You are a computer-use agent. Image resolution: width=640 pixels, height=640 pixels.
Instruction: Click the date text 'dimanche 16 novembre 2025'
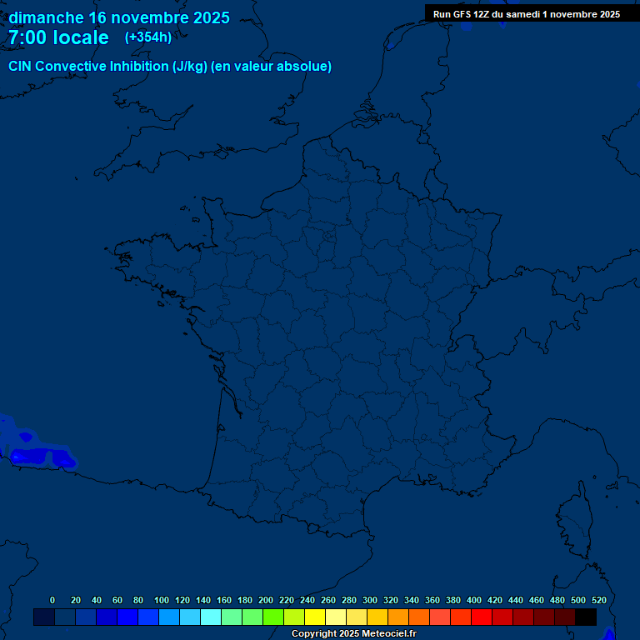point(119,17)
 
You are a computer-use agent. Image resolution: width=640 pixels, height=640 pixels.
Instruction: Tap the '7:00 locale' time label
point(58,37)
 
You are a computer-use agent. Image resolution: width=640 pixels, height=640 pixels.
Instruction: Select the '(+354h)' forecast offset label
point(148,37)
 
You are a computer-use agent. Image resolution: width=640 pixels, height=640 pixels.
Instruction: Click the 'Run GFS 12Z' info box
point(526,14)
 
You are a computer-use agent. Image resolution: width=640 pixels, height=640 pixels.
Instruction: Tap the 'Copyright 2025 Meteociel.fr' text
point(353,634)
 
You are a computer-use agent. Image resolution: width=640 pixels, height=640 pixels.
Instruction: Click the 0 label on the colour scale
point(52,600)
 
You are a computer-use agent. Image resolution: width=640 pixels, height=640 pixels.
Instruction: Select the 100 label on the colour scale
point(162,600)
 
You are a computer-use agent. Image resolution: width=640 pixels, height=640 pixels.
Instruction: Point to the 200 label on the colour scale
point(266,600)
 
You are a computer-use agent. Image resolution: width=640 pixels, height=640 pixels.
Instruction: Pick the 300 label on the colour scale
point(370,600)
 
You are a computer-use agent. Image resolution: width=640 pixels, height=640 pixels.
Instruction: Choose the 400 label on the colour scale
point(474,600)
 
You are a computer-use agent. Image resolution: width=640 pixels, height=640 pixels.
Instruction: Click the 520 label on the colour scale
point(599,600)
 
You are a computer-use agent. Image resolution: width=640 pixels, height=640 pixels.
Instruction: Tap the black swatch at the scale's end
point(586,617)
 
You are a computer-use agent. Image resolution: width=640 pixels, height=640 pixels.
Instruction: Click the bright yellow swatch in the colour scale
point(315,617)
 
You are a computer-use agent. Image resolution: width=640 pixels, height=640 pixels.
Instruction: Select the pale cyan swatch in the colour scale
point(211,617)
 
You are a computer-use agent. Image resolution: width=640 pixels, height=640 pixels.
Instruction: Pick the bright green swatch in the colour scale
point(273,617)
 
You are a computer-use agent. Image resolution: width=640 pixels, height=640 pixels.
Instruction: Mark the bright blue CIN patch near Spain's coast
point(37,456)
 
